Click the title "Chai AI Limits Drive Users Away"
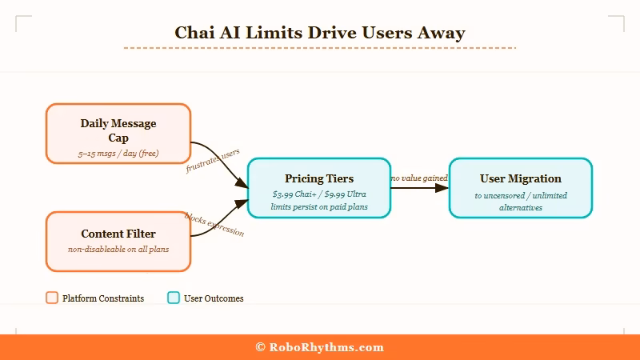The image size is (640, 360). click(320, 33)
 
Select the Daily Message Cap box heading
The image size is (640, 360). click(118, 130)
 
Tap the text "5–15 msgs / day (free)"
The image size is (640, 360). click(118, 152)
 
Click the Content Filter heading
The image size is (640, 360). click(118, 234)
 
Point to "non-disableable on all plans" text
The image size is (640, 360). click(118, 249)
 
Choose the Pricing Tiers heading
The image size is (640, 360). click(319, 178)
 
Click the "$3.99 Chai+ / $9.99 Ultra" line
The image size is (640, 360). click(319, 194)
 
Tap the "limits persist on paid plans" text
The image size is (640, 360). click(319, 206)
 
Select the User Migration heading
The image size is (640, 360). click(521, 178)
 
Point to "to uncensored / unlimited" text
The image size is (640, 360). click(521, 195)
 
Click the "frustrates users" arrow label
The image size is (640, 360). click(213, 161)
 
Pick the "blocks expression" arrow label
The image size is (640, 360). click(214, 224)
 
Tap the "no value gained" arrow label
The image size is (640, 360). click(419, 178)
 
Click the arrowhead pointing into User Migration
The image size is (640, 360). click(442, 188)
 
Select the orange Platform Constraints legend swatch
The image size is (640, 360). click(52, 298)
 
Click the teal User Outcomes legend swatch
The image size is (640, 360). click(174, 298)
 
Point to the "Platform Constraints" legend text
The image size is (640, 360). click(103, 298)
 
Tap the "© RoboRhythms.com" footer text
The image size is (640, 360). click(320, 347)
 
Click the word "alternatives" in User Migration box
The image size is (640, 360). click(521, 207)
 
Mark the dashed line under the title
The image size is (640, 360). click(320, 48)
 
